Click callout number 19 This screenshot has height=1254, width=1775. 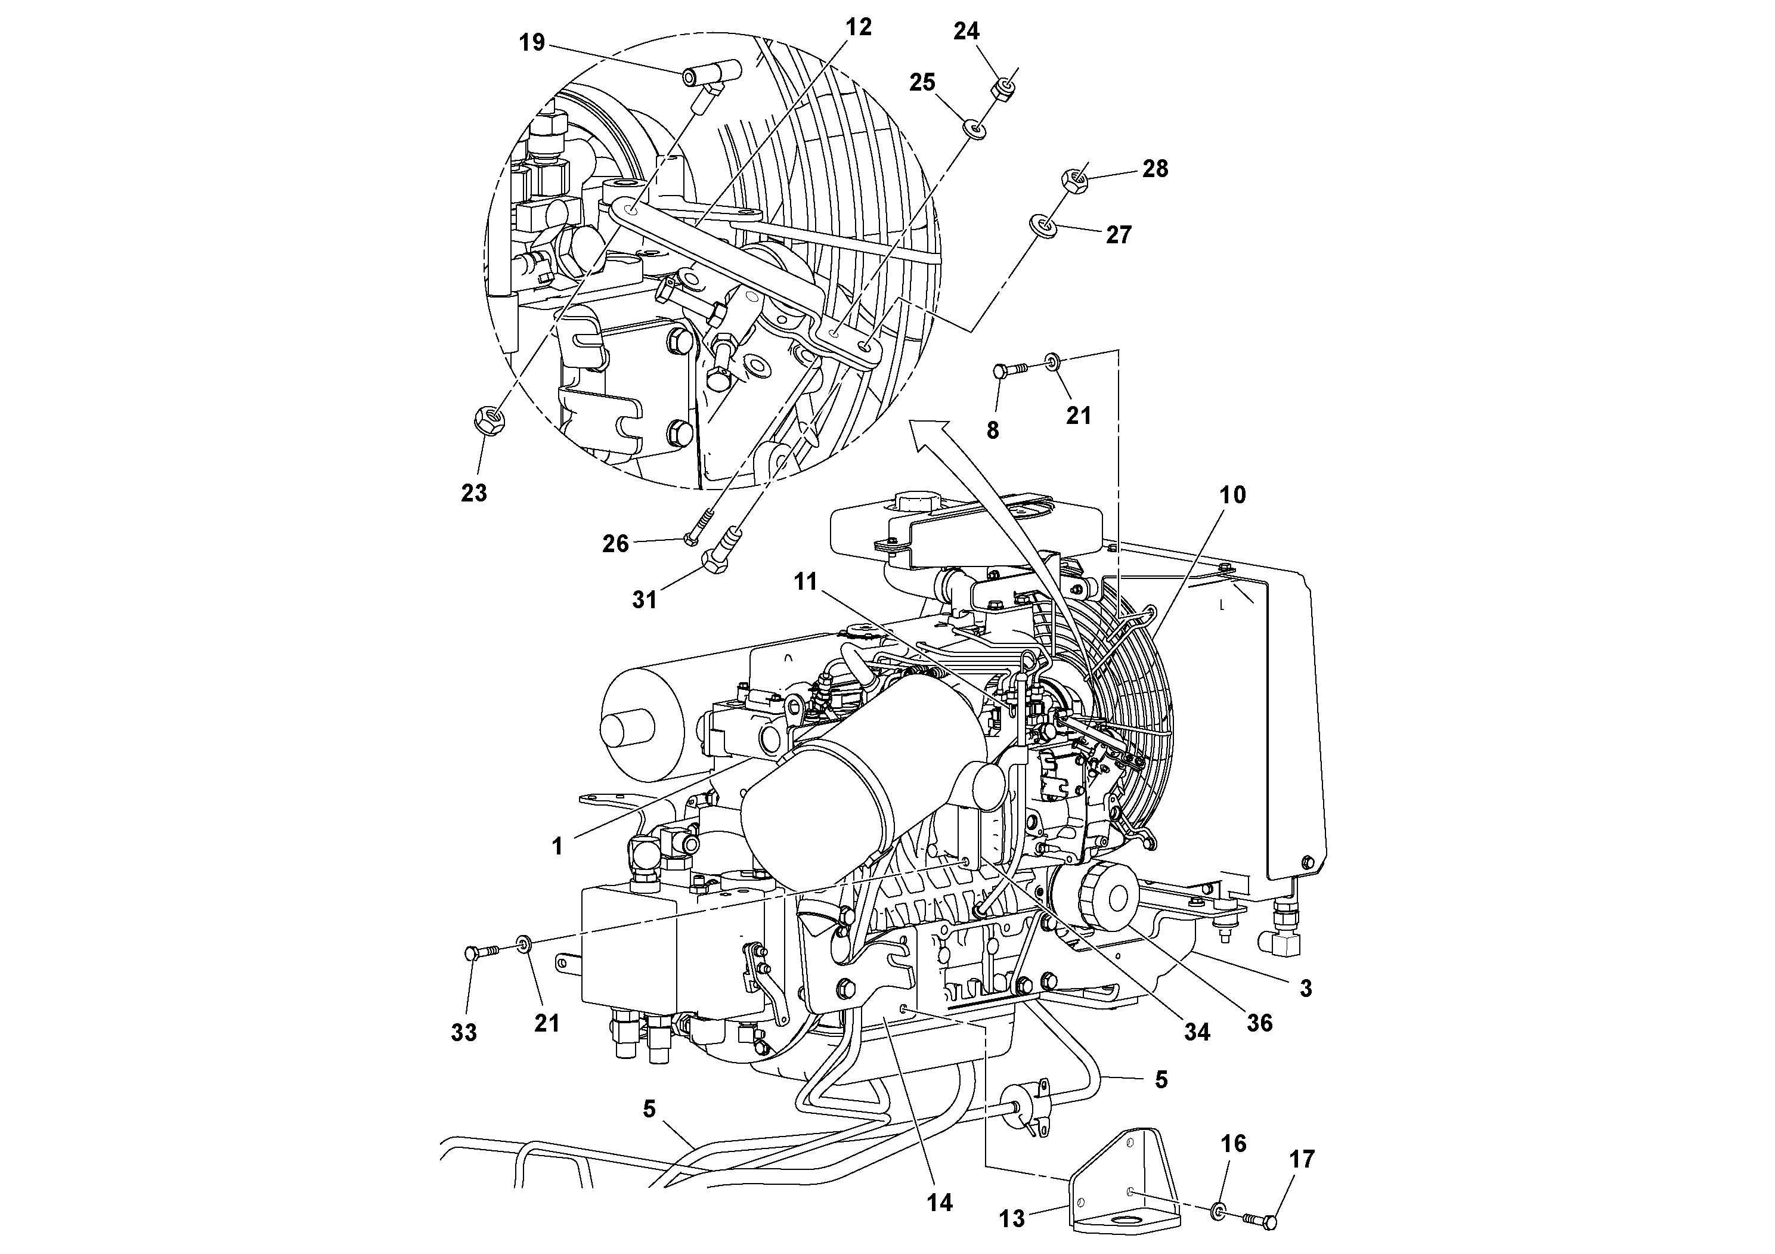(532, 42)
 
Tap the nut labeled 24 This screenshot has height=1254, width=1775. (1002, 89)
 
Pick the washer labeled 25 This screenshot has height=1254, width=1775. (974, 128)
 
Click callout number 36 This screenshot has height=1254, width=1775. (1259, 1023)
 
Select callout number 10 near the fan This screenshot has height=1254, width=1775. (1232, 495)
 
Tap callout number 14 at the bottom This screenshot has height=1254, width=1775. (940, 1202)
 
